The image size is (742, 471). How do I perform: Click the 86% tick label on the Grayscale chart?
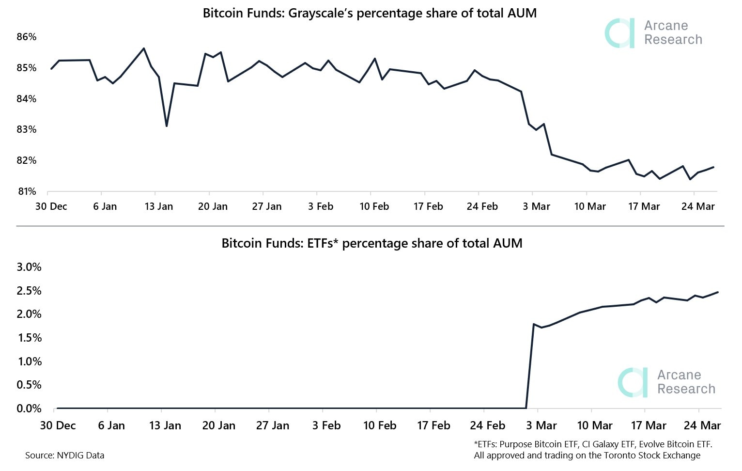[27, 37]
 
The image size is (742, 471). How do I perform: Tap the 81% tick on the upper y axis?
[27, 191]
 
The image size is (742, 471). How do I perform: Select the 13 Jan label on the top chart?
[158, 206]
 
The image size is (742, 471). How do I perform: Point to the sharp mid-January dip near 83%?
[167, 126]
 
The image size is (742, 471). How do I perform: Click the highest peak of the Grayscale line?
[144, 48]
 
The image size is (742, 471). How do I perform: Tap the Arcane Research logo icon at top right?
[620, 33]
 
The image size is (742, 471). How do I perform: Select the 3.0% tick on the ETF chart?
[29, 267]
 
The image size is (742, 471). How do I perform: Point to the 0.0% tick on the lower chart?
[29, 408]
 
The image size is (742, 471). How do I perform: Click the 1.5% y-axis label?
[29, 338]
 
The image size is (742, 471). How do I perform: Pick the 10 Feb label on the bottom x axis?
[380, 425]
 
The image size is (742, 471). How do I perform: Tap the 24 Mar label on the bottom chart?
[702, 425]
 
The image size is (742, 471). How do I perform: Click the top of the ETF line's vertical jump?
[534, 324]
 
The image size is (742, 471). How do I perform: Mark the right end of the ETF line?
[718, 292]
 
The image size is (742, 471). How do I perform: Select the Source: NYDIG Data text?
[64, 455]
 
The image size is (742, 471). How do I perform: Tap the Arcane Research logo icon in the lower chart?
[633, 382]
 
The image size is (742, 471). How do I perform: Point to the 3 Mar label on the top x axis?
[536, 206]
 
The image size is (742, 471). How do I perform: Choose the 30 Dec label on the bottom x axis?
[58, 425]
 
